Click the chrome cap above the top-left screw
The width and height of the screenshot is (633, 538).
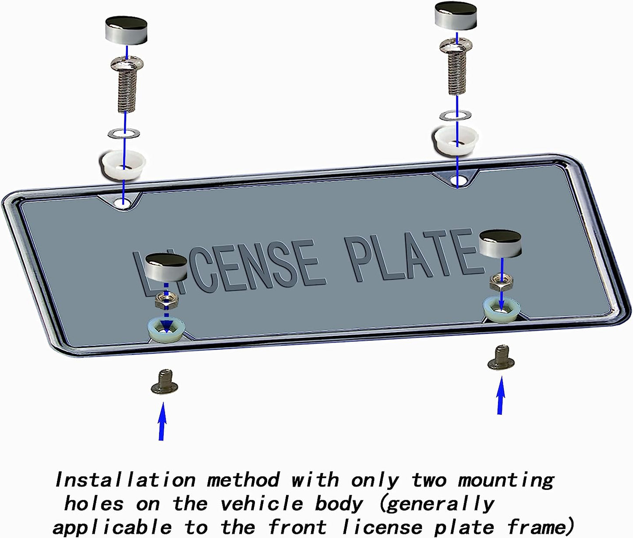click(126, 31)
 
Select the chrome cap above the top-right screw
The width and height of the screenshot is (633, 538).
click(456, 16)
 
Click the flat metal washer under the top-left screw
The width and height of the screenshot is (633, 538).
click(124, 133)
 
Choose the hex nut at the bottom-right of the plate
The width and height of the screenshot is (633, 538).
click(501, 283)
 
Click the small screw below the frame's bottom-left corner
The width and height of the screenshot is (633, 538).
click(164, 382)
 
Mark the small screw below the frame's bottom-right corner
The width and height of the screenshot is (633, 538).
click(501, 358)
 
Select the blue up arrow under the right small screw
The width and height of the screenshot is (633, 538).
click(500, 395)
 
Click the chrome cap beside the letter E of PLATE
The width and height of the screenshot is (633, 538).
click(500, 244)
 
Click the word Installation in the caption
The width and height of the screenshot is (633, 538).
click(125, 480)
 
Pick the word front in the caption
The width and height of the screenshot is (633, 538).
click(297, 527)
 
